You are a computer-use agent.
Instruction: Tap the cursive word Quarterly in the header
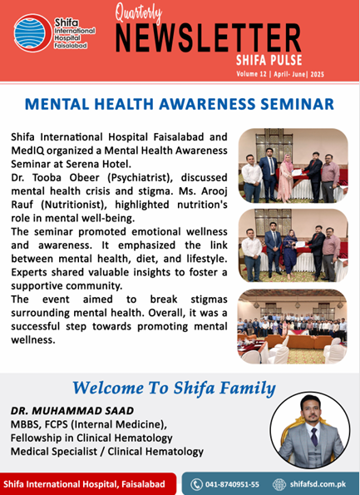pyautogui.click(x=139, y=14)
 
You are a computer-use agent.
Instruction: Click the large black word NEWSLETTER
pyautogui.click(x=208, y=38)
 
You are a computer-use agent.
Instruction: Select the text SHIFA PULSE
pyautogui.click(x=269, y=60)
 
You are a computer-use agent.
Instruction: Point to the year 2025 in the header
pyautogui.click(x=317, y=75)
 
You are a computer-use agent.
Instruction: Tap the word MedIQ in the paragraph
pyautogui.click(x=27, y=151)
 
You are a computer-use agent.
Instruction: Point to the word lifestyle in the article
pyautogui.click(x=206, y=259)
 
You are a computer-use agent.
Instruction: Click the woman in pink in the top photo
pyautogui.click(x=287, y=178)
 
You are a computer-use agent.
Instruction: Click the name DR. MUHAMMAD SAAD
pyautogui.click(x=72, y=411)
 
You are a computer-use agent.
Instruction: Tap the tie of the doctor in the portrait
pyautogui.click(x=314, y=436)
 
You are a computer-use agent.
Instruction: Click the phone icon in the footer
pyautogui.click(x=196, y=484)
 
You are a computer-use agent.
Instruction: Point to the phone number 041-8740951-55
pyautogui.click(x=232, y=484)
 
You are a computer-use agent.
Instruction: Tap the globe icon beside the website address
pyautogui.click(x=279, y=484)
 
